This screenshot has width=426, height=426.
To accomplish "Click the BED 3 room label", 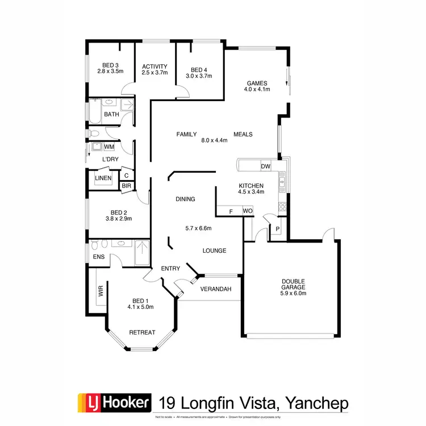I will click(x=111, y=65).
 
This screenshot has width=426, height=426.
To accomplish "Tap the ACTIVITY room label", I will click(x=154, y=66).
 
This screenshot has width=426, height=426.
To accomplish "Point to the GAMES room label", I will click(x=256, y=82).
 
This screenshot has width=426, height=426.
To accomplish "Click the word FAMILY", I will click(x=186, y=135).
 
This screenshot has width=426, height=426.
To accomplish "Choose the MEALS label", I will click(x=243, y=135).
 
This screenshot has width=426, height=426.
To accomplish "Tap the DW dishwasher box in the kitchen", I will click(x=265, y=166).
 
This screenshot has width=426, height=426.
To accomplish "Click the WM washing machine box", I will click(x=108, y=147).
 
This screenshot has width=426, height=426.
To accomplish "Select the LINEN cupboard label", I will click(x=103, y=178).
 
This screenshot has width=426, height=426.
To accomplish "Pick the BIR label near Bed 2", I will click(x=126, y=186).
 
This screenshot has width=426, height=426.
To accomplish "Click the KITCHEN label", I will click(x=250, y=186).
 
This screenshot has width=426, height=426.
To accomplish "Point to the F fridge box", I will click(x=231, y=211).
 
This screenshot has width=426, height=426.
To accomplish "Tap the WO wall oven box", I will click(x=248, y=211).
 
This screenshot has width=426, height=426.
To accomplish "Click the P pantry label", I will click(x=277, y=229).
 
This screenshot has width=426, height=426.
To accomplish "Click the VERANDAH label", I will click(x=217, y=290).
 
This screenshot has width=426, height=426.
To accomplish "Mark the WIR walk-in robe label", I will click(x=101, y=293).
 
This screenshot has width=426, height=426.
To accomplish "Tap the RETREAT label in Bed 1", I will click(x=142, y=332).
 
